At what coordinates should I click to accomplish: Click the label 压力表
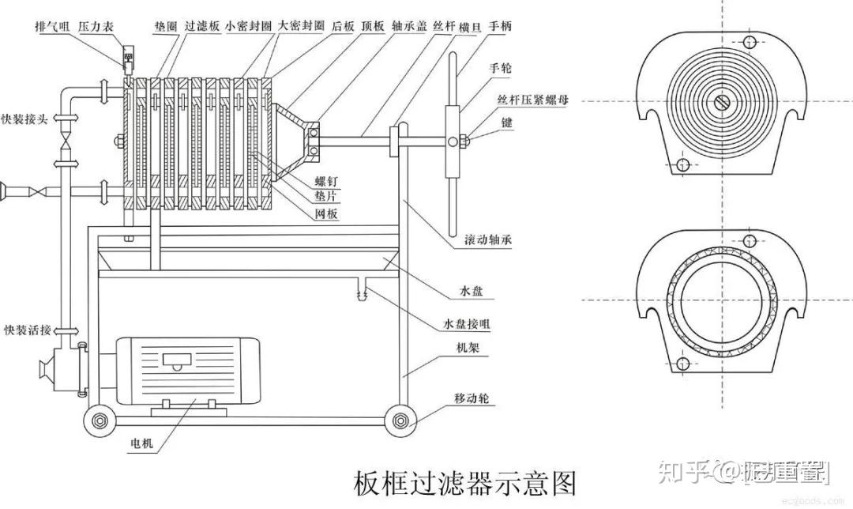(95, 25)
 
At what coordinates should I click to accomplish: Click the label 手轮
(500, 69)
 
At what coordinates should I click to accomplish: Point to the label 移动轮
(472, 399)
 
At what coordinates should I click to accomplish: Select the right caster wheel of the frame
(401, 419)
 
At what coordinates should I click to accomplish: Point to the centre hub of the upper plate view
(723, 102)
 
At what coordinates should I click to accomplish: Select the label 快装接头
(26, 119)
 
